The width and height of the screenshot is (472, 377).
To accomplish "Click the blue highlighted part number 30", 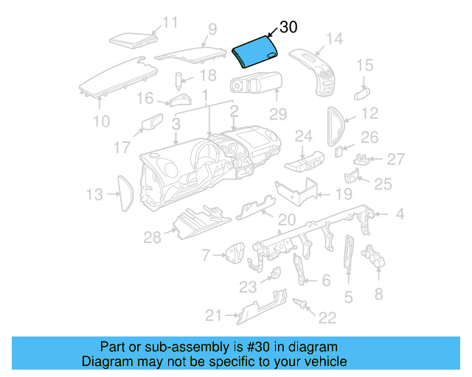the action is click(254, 53).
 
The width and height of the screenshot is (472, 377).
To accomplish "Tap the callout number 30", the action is click(288, 28).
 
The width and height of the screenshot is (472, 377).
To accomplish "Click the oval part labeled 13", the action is click(124, 193).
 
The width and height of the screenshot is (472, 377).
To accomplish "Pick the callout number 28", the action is click(152, 237).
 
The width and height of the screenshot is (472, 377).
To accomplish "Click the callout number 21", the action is click(213, 316).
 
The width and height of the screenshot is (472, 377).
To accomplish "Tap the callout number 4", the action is click(400, 215).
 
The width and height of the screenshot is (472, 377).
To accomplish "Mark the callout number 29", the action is click(277, 114).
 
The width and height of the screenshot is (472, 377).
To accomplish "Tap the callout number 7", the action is click(206, 256).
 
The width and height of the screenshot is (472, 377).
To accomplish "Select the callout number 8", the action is click(379, 295).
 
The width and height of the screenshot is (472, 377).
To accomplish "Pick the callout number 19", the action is click(344, 194).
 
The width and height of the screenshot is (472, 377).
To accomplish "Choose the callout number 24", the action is click(304, 135).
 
